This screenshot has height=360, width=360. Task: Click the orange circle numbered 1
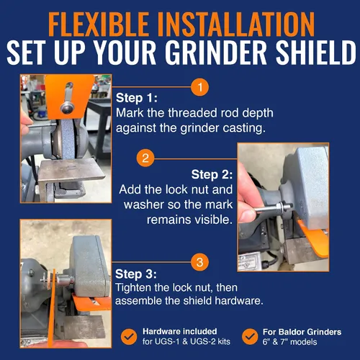(199, 87)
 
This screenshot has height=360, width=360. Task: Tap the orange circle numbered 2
(145, 158)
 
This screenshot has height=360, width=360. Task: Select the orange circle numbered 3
(199, 262)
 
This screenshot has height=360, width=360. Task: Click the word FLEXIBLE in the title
(99, 24)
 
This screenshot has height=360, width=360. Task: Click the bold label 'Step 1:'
(137, 98)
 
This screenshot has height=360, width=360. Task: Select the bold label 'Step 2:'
(212, 174)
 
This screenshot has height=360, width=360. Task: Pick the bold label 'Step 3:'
(136, 274)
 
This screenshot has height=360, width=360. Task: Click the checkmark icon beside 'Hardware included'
(129, 336)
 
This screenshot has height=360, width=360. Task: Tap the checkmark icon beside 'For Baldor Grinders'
(250, 336)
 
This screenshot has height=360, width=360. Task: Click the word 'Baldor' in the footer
(292, 332)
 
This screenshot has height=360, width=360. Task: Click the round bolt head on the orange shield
(67, 107)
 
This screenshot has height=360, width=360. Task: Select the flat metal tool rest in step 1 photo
(71, 170)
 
